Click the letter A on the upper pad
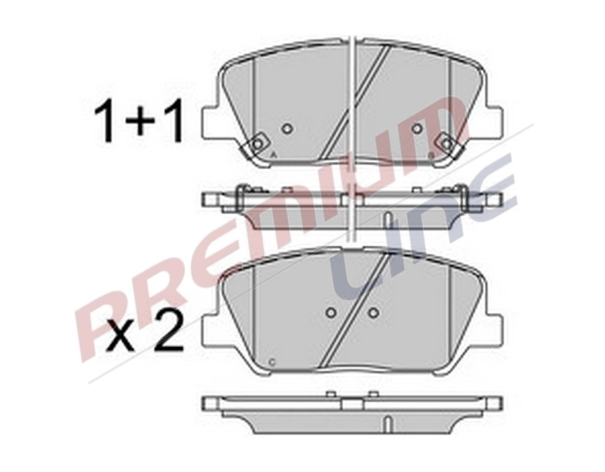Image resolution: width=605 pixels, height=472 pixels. point(271,155)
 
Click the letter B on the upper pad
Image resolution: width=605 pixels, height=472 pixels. point(431,155)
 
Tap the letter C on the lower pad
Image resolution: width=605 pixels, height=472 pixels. point(271,362)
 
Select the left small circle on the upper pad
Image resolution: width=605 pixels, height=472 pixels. point(286,128)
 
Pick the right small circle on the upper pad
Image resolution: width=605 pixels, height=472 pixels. point(417,128)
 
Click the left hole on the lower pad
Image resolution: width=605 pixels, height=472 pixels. point(330,313)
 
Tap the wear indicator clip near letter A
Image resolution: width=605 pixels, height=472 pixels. point(257,143)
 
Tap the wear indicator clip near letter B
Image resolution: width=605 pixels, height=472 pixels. point(446,143)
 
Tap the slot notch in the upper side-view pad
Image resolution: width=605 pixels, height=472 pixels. point(387,219)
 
